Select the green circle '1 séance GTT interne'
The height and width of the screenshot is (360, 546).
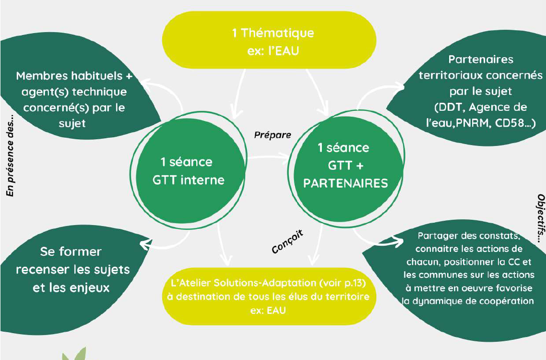(188, 171)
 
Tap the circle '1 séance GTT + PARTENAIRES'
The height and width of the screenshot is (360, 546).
(345, 165)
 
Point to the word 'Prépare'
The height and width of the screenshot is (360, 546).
(272, 135)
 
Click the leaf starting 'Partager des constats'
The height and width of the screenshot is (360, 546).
(468, 269)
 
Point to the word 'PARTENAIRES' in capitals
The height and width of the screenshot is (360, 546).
(345, 183)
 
